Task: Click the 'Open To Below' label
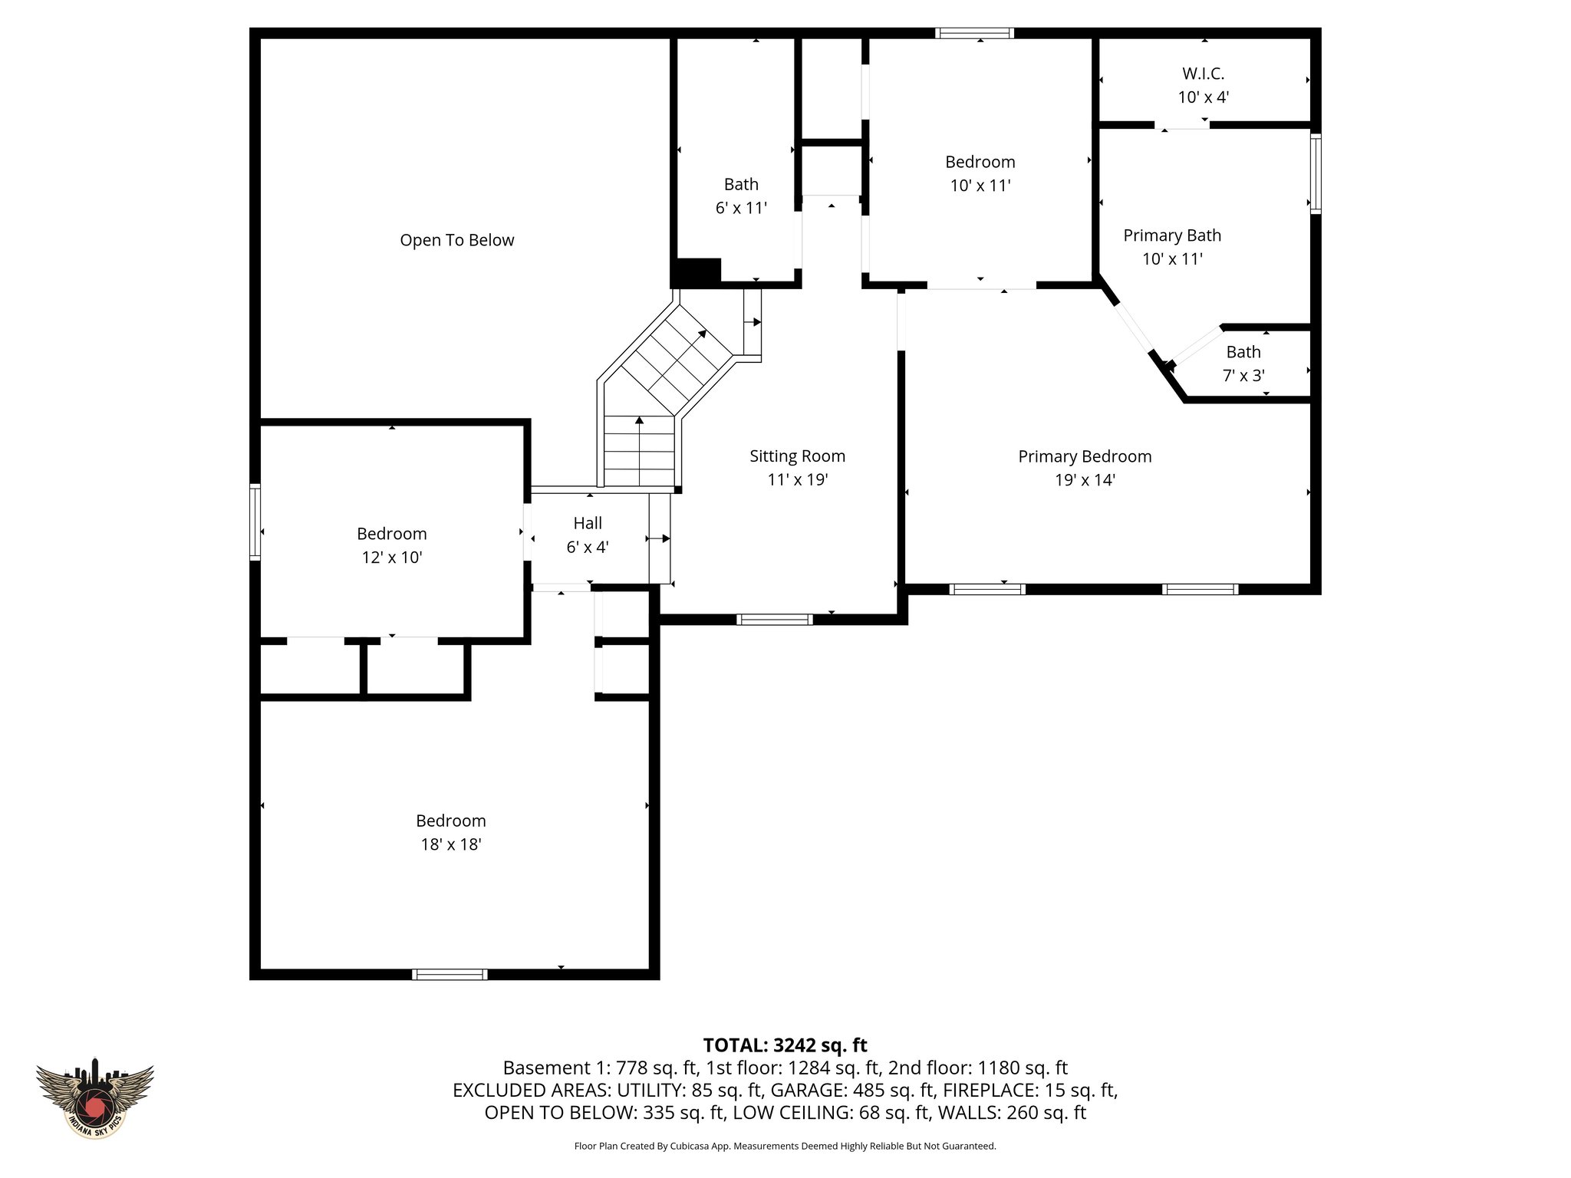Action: (x=456, y=240)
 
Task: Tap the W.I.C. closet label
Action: (x=1203, y=74)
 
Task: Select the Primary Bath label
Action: (x=1172, y=235)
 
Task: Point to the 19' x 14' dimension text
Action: (x=1085, y=480)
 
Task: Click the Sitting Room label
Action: (x=797, y=456)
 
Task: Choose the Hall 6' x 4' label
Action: (x=588, y=535)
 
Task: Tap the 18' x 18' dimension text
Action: (x=450, y=844)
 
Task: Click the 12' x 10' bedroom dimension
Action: (x=392, y=558)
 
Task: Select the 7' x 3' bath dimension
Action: (x=1243, y=376)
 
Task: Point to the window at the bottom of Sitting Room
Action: (x=774, y=620)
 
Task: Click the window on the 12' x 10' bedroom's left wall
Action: (x=255, y=522)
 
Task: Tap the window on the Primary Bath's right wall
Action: (x=1315, y=173)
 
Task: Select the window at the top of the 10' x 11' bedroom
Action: (x=974, y=33)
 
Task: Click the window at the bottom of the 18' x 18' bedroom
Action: (x=450, y=974)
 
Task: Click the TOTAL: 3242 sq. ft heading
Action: (x=785, y=1045)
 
